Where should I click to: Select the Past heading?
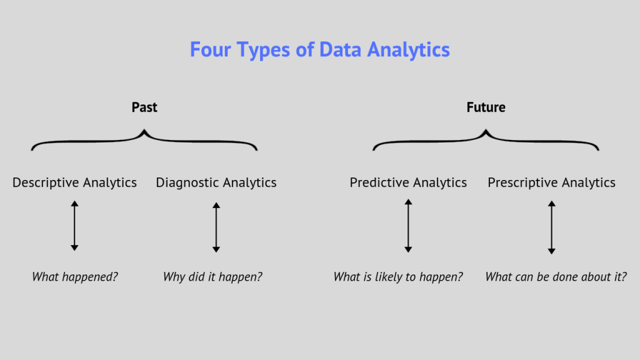[x=144, y=107]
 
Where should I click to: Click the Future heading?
[x=486, y=107]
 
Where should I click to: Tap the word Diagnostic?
[x=185, y=182]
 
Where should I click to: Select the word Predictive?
[x=379, y=182]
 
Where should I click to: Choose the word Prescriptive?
[x=519, y=182]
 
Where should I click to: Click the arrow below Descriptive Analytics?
[x=74, y=226]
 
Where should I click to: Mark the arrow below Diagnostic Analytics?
[x=216, y=227]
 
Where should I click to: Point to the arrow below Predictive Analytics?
[x=408, y=226]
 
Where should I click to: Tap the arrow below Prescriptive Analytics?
[x=551, y=227]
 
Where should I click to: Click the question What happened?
[x=75, y=276]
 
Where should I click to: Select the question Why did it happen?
[x=212, y=276]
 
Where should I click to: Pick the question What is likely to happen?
[x=398, y=276]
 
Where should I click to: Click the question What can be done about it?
[x=556, y=276]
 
